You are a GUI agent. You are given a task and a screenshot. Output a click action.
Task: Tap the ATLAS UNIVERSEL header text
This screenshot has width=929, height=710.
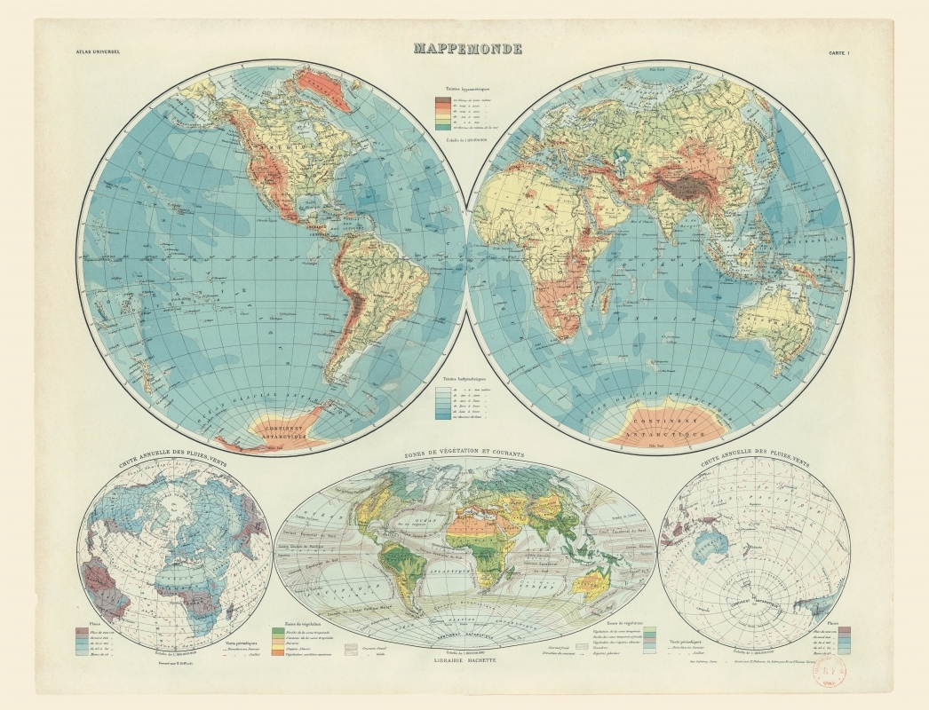pos(95,52)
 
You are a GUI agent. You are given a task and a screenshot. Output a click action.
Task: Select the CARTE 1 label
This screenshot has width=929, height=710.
pos(839,52)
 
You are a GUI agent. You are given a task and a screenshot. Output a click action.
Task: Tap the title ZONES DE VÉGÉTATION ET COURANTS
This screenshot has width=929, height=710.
pos(464,454)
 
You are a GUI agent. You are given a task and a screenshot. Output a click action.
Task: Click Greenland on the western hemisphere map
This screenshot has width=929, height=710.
pos(325,89)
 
